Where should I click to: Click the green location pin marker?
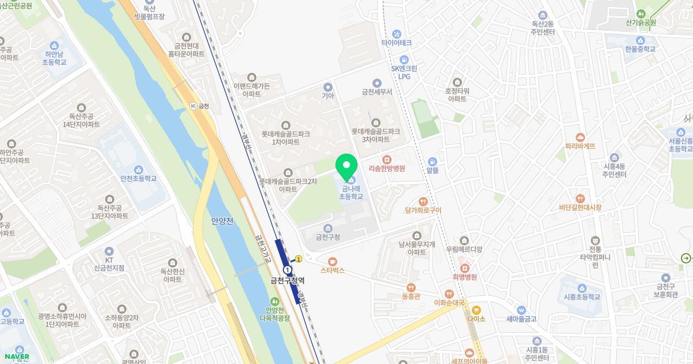pyautogui.click(x=346, y=166)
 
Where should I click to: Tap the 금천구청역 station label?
pyautogui.click(x=287, y=281)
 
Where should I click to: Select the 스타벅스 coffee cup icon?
pyautogui.click(x=332, y=261)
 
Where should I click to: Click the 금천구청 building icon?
pyautogui.click(x=327, y=228)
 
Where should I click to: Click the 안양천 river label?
pyautogui.click(x=222, y=221)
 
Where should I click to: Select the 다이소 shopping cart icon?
pyautogui.click(x=476, y=310)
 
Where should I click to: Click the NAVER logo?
pyautogui.click(x=16, y=356)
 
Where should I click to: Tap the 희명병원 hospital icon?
pyautogui.click(x=464, y=268)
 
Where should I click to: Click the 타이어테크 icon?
pyautogui.click(x=396, y=34)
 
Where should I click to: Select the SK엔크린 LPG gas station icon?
pyautogui.click(x=404, y=59)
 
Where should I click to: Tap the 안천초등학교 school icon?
pyautogui.click(x=139, y=169)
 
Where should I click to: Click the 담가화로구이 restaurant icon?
pyautogui.click(x=423, y=202)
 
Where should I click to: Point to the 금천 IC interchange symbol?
pyautogui.click(x=193, y=106)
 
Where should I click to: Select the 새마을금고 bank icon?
pyautogui.click(x=521, y=310)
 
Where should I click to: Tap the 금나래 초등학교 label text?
pyautogui.click(x=351, y=192)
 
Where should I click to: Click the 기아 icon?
pyautogui.click(x=328, y=87)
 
